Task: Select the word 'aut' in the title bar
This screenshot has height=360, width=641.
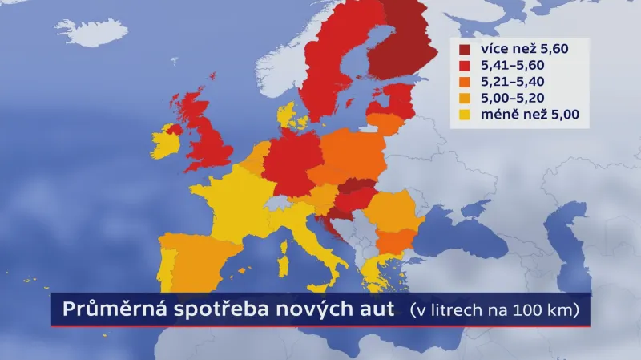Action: [x=377, y=309]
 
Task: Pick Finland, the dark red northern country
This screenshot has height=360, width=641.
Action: [x=405, y=44]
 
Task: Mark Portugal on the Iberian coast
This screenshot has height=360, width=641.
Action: [x=167, y=265]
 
